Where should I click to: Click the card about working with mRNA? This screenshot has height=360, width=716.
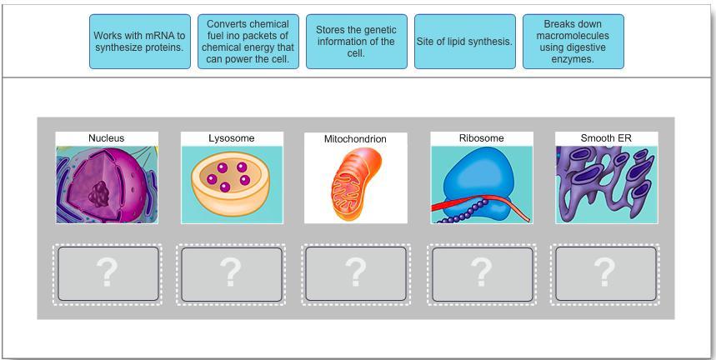pyautogui.click(x=140, y=42)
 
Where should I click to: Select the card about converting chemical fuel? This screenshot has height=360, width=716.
pyautogui.click(x=248, y=42)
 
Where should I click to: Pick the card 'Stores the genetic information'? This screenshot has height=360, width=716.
pyautogui.click(x=356, y=42)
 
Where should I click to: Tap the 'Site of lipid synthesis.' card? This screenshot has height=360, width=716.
pyautogui.click(x=464, y=42)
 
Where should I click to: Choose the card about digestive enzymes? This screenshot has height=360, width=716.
pyautogui.click(x=573, y=42)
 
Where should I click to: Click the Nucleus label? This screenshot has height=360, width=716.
pyautogui.click(x=107, y=138)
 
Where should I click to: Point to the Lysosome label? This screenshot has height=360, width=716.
pyautogui.click(x=232, y=138)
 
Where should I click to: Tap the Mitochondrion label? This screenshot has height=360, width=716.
pyautogui.click(x=355, y=139)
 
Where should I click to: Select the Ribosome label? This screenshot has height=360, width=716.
pyautogui.click(x=482, y=138)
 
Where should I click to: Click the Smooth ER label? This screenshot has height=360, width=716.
pyautogui.click(x=606, y=138)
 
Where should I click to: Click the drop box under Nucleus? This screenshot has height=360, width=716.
pyautogui.click(x=108, y=274)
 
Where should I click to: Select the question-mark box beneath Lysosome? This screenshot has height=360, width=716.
pyautogui.click(x=231, y=274)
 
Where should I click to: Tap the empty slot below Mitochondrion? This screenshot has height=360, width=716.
pyautogui.click(x=355, y=274)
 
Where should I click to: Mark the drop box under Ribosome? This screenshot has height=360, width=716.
pyautogui.click(x=482, y=274)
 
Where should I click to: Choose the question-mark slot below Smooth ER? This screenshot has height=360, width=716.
pyautogui.click(x=605, y=274)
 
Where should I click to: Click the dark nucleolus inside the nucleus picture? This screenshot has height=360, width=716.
pyautogui.click(x=99, y=194)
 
